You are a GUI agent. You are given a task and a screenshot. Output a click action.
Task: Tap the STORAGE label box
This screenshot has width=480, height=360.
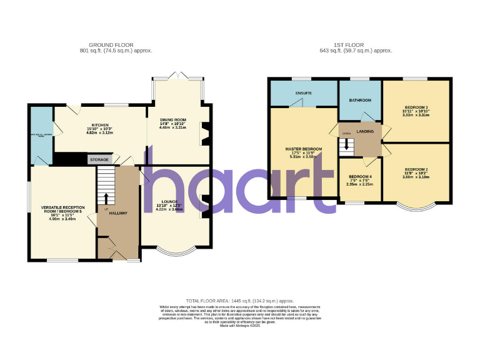pyautogui.click(x=98, y=159)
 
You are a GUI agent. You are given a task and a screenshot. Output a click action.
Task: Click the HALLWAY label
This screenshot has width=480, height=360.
pyautogui.click(x=118, y=214)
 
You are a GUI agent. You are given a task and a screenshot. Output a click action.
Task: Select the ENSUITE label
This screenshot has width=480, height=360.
pyautogui.click(x=303, y=93)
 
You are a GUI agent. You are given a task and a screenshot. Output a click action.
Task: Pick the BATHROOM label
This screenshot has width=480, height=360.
pyautogui.click(x=360, y=100)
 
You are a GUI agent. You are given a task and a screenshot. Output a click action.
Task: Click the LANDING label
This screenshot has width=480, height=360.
pyautogui.click(x=365, y=131)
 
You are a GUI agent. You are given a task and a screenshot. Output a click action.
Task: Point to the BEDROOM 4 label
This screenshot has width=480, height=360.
pyautogui.click(x=359, y=177)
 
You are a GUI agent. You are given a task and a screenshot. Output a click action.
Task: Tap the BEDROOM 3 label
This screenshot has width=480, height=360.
pyautogui.click(x=416, y=107)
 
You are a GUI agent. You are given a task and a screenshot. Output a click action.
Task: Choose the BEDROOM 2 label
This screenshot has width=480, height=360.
pyautogui.click(x=416, y=170)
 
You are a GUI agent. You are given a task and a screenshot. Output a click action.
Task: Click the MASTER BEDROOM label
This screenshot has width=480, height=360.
pyautogui.click(x=303, y=149)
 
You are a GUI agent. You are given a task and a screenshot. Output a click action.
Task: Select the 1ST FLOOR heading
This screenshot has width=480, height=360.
pyautogui.click(x=354, y=45)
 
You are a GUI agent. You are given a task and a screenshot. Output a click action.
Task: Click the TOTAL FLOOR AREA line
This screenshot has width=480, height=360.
pyautogui.click(x=240, y=301)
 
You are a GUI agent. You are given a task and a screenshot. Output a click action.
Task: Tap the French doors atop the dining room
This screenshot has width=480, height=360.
pyautogui.click(x=177, y=76)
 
